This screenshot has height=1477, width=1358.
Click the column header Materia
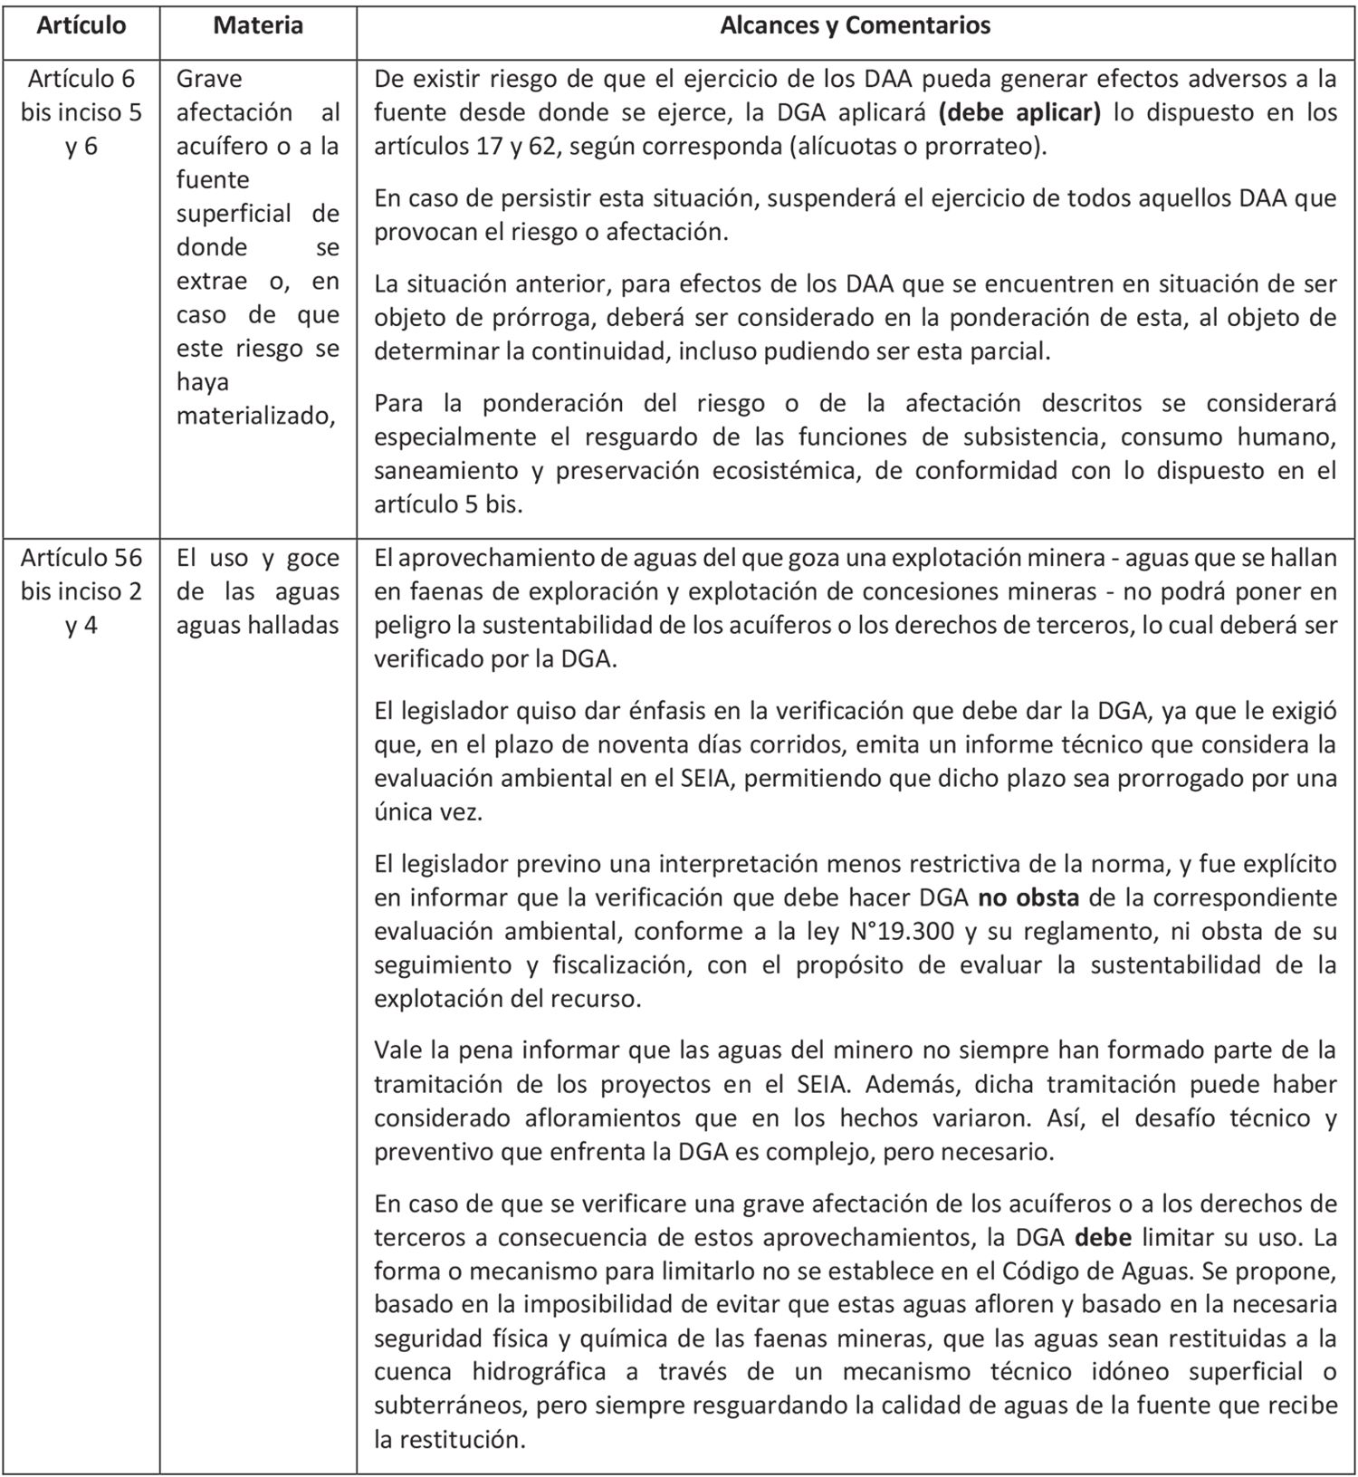(x=258, y=25)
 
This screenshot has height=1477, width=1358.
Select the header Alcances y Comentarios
(x=855, y=25)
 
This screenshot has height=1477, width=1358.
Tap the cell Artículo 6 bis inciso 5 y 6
(x=81, y=112)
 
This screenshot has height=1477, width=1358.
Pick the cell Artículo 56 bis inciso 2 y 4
(x=81, y=591)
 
